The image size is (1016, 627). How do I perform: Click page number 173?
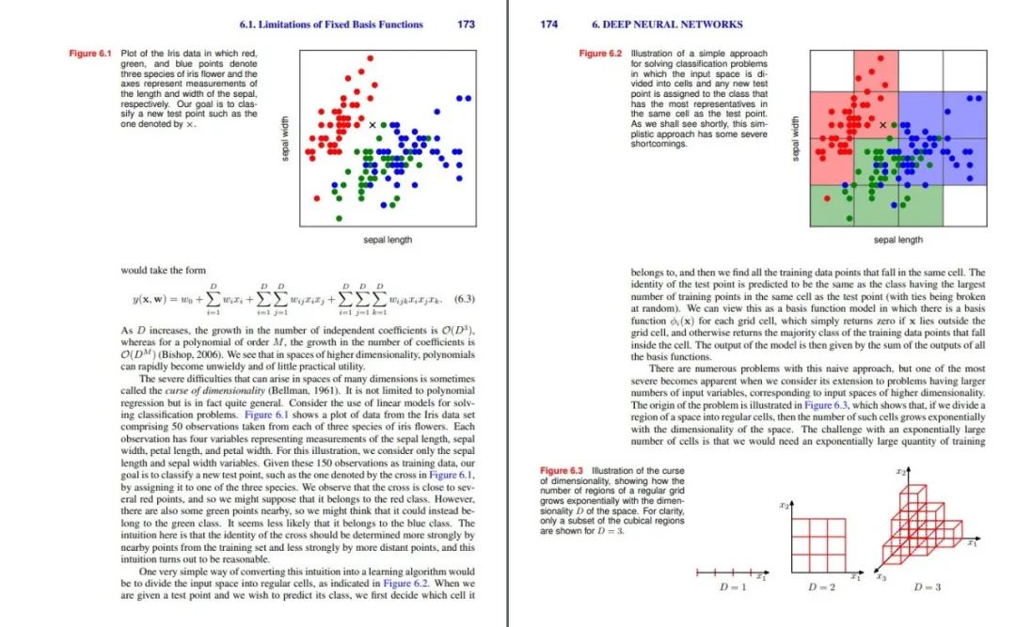click(x=466, y=24)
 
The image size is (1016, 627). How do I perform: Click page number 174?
click(x=550, y=24)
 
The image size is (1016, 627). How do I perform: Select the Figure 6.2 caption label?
click(x=601, y=54)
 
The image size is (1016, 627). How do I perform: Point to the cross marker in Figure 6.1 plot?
click(x=372, y=124)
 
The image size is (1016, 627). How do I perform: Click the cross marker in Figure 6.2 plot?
click(x=882, y=124)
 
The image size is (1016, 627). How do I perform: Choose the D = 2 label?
click(x=821, y=588)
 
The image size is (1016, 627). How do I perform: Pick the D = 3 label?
click(x=927, y=588)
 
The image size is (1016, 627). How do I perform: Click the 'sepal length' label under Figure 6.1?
click(x=388, y=241)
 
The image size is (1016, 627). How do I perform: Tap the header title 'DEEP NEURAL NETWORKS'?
click(x=667, y=24)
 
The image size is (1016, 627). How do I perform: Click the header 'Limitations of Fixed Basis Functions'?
click(x=331, y=24)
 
